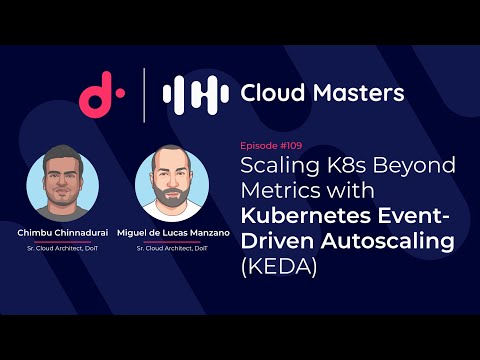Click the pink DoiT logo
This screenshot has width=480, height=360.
[101, 93]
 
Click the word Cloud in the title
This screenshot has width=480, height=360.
[272, 93]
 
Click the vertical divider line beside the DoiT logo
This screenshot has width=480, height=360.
[146, 93]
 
